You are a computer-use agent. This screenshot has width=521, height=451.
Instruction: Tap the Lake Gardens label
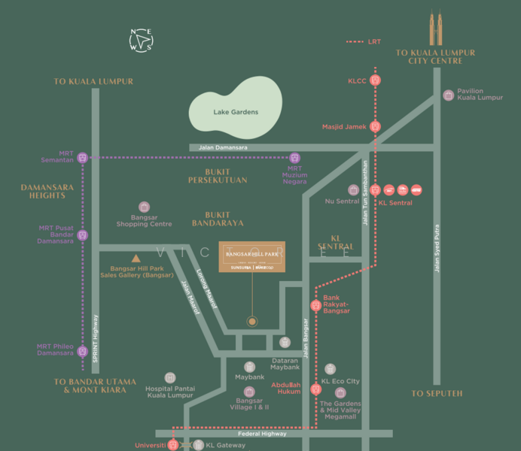(235, 112)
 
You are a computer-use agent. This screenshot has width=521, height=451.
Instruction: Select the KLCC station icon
(376, 80)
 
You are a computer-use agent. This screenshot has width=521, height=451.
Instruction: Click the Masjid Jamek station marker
(376, 127)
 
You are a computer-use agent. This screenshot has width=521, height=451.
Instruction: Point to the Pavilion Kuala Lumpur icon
(449, 95)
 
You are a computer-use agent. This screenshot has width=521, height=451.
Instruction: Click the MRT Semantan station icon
(83, 158)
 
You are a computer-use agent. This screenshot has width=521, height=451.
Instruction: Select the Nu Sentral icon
(353, 190)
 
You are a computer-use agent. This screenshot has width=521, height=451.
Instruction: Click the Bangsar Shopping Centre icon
(145, 207)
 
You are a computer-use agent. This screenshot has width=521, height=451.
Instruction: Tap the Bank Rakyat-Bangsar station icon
(315, 305)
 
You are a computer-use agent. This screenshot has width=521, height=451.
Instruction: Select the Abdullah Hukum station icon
(315, 389)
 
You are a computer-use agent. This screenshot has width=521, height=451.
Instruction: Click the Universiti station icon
(173, 445)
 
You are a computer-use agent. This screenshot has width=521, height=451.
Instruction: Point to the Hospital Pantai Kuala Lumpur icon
(170, 377)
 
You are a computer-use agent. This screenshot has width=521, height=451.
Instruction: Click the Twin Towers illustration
(434, 29)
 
